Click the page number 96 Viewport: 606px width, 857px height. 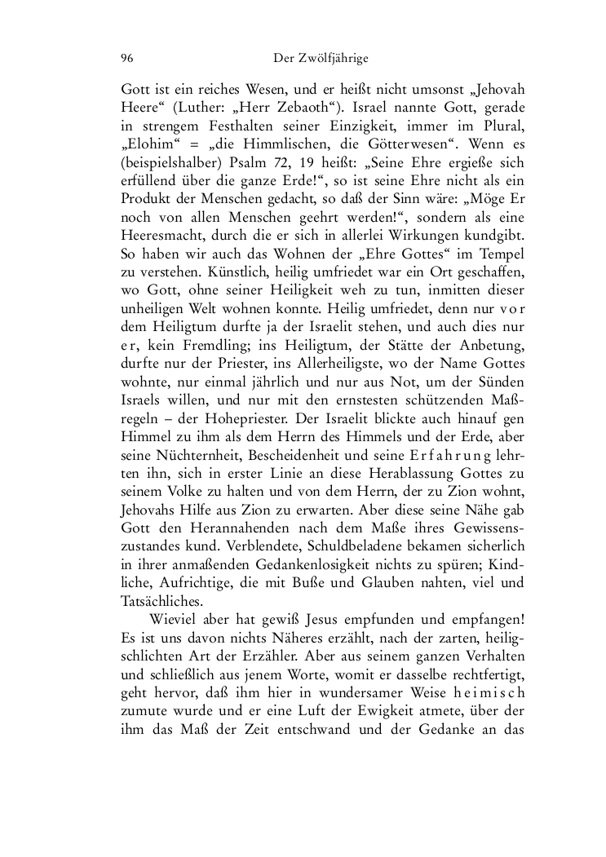pyautogui.click(x=127, y=58)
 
